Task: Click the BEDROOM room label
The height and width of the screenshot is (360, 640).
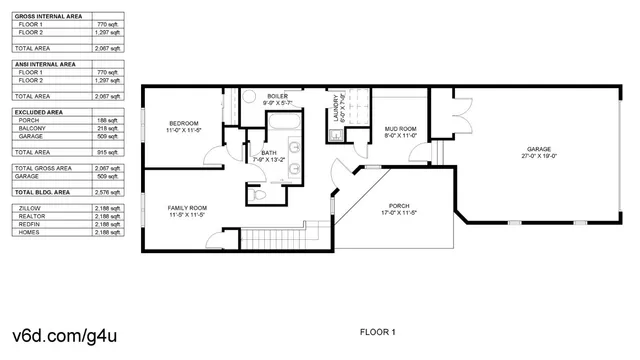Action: (x=183, y=123)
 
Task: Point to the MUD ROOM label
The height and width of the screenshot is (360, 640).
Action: (x=401, y=129)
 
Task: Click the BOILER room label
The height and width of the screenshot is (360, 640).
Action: (x=277, y=96)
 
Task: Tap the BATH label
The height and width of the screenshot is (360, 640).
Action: (x=269, y=153)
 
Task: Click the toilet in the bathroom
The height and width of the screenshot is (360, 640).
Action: (x=258, y=197)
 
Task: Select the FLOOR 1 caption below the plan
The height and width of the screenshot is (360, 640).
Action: (x=378, y=331)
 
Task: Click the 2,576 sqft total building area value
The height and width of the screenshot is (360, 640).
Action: (x=107, y=190)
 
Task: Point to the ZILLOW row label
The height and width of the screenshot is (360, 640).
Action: (x=30, y=207)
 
